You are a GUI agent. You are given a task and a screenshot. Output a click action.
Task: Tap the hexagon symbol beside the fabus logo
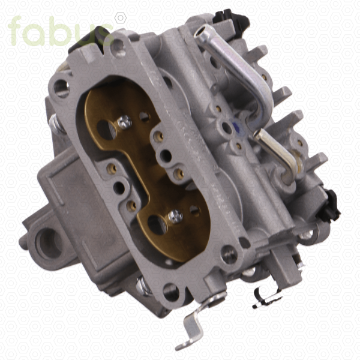[121, 18]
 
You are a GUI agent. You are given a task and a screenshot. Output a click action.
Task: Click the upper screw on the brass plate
[125, 122]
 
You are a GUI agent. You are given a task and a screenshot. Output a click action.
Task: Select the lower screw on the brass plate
[175, 217]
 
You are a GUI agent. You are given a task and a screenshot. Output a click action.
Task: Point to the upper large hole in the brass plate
[107, 130]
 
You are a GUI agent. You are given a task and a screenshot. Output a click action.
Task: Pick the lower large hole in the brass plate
[157, 225]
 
